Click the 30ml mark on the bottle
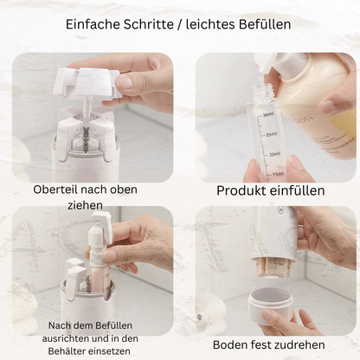[x=268, y=115]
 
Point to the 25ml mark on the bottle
[x=270, y=134]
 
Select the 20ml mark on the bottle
[x=274, y=154]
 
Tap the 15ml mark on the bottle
[x=278, y=174]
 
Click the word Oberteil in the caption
[x=55, y=190]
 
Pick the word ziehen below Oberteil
[x=86, y=205]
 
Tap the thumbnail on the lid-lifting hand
[x=124, y=81]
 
